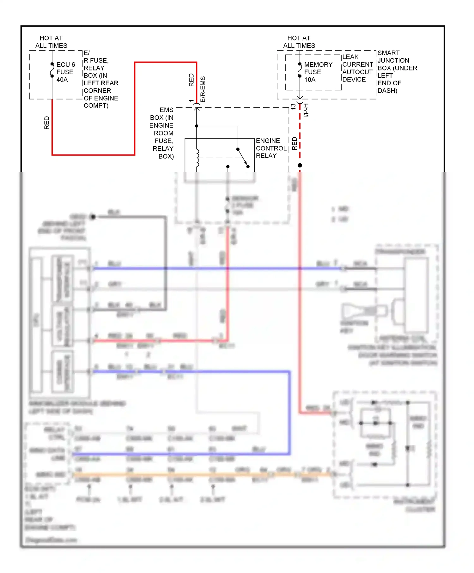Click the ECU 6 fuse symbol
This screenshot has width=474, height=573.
(52, 70)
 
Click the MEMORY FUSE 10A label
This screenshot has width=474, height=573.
(318, 72)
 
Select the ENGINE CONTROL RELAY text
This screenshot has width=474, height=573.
(271, 148)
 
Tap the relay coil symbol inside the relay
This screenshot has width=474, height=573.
(197, 158)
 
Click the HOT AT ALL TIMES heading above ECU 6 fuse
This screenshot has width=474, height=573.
(51, 42)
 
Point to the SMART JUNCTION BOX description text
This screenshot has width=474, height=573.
(397, 72)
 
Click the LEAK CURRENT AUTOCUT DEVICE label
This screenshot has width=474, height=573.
(357, 68)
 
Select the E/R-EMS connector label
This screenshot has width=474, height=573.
(203, 89)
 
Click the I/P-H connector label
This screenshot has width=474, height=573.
(306, 111)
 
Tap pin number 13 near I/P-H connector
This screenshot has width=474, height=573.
(293, 107)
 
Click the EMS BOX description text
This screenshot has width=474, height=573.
(162, 133)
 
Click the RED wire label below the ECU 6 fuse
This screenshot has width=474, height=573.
(47, 123)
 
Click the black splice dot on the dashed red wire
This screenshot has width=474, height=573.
(300, 165)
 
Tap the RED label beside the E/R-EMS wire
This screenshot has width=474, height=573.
(191, 80)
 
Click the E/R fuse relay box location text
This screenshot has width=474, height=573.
(100, 79)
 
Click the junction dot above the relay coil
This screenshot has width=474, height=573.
(197, 126)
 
